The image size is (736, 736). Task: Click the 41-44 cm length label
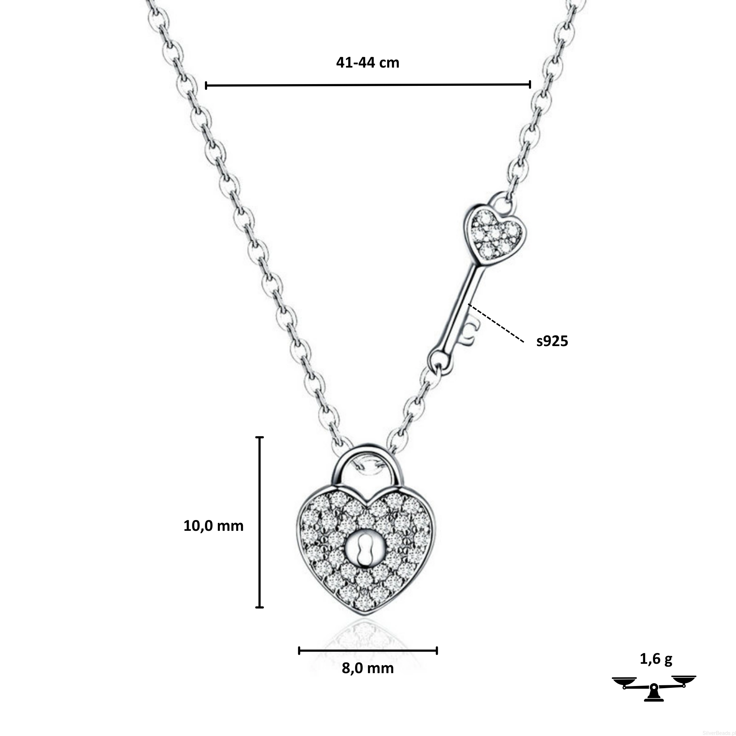(x=368, y=63)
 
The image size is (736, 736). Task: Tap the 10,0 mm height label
(x=213, y=526)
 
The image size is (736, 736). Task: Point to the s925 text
(x=552, y=341)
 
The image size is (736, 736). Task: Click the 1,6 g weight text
(x=656, y=659)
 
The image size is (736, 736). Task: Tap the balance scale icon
(x=654, y=688)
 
